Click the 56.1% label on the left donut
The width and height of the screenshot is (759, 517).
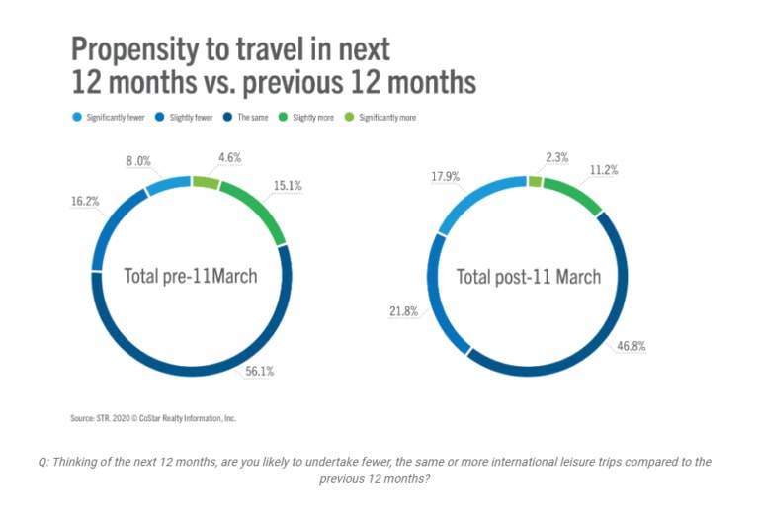261,371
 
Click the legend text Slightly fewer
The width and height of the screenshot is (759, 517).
192,117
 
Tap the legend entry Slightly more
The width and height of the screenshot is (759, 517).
312,117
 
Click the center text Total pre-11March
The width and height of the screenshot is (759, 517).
190,276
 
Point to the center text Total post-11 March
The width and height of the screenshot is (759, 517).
528,276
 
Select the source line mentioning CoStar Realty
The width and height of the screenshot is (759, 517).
152,418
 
